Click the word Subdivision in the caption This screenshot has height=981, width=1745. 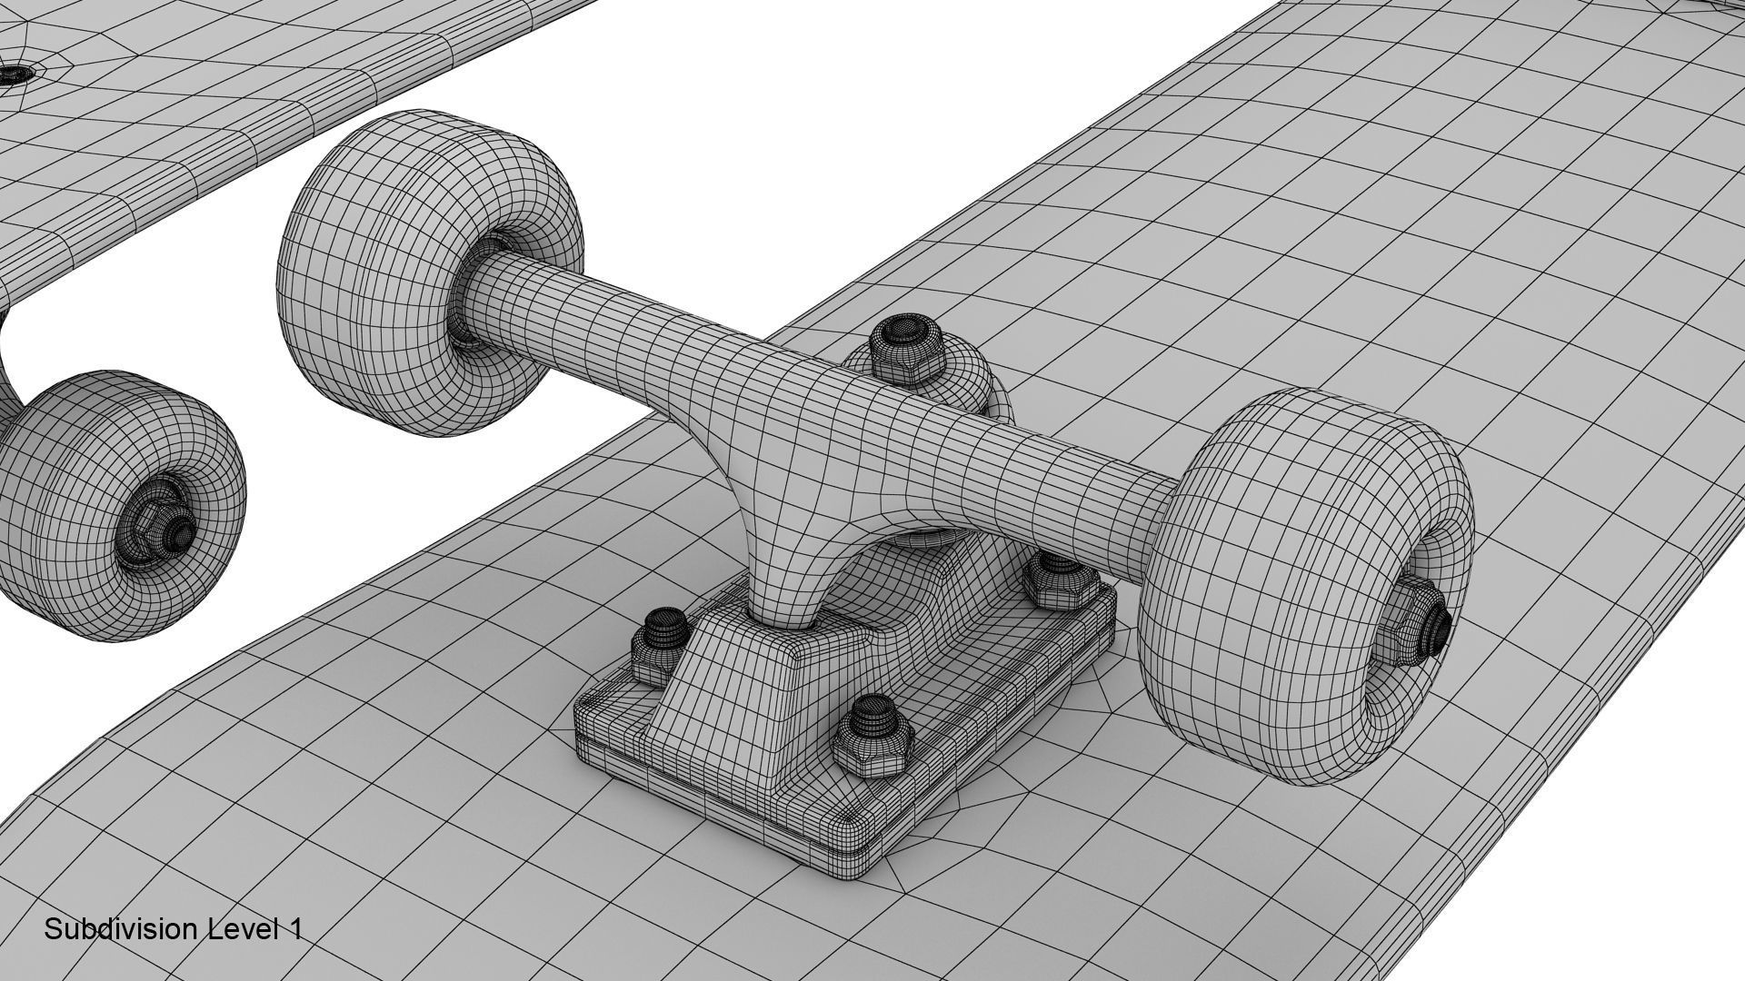coord(121,929)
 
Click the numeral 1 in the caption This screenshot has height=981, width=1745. coord(295,929)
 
